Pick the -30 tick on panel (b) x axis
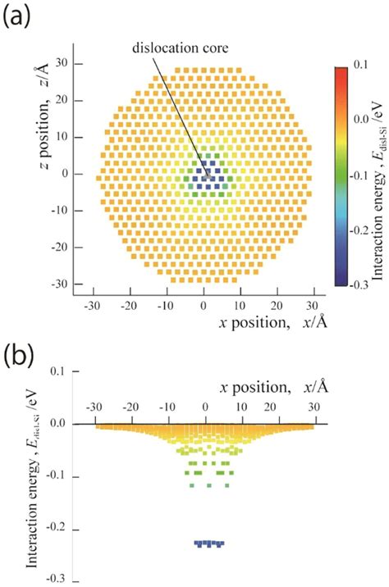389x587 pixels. click(x=95, y=407)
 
